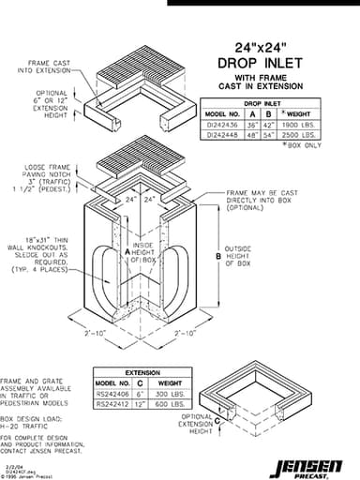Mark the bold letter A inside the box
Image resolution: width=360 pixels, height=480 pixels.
tap(127, 253)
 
